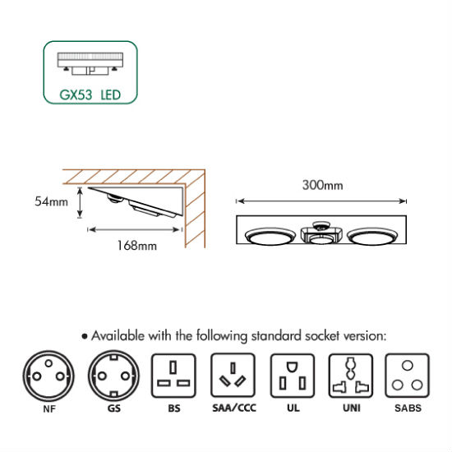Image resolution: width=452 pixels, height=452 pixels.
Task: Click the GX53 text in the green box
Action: [x=76, y=95]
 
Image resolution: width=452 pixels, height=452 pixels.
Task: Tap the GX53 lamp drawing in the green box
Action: [x=90, y=64]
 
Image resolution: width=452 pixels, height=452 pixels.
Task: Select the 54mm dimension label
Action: [x=51, y=201]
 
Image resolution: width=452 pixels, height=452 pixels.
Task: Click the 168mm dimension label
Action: [x=137, y=246]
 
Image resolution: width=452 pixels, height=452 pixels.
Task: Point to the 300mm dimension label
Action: [x=323, y=185]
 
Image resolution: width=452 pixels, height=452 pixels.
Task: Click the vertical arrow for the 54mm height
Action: [x=81, y=202]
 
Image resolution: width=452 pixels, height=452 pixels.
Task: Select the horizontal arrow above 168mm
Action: [x=135, y=229]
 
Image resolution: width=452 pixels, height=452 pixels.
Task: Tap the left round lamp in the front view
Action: [x=270, y=236]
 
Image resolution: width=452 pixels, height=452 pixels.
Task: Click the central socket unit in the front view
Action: [x=321, y=233]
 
